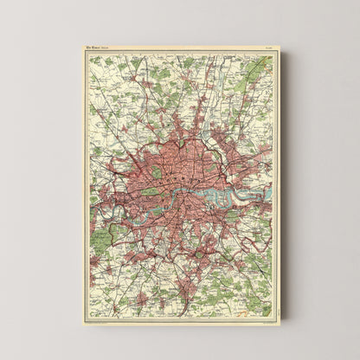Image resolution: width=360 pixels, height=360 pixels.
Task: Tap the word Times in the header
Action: coord(96,48)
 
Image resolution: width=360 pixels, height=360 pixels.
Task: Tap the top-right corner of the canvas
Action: coord(279,45)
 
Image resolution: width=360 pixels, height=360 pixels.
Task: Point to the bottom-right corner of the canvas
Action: coord(279,323)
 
